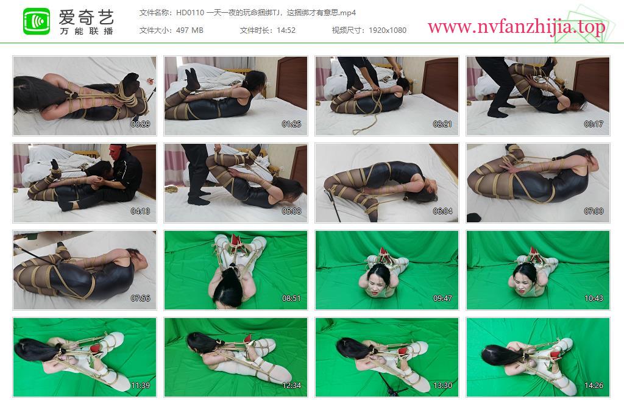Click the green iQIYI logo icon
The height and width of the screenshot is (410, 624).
pyautogui.click(x=36, y=21)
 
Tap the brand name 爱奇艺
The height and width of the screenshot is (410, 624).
pyautogui.click(x=87, y=18)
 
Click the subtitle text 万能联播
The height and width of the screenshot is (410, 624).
pyautogui.click(x=87, y=32)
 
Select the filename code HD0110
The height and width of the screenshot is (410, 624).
pyautogui.click(x=190, y=13)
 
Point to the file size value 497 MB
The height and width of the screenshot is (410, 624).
pyautogui.click(x=190, y=30)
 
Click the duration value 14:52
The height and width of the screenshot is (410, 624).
pyautogui.click(x=286, y=30)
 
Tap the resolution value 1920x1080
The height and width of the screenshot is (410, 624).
pyautogui.click(x=388, y=30)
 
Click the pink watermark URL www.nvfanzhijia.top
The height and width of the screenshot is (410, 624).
pyautogui.click(x=516, y=27)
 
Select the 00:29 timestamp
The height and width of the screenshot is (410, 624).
pyautogui.click(x=141, y=124)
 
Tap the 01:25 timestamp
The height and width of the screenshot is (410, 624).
pyautogui.click(x=291, y=124)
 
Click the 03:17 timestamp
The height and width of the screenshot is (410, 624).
pyautogui.click(x=594, y=124)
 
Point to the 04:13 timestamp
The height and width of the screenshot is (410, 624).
pyautogui.click(x=141, y=211)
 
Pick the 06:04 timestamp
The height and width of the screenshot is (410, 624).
pyautogui.click(x=442, y=211)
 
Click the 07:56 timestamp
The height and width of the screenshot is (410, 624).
pyautogui.click(x=141, y=299)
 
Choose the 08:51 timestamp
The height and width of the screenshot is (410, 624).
pyautogui.click(x=291, y=299)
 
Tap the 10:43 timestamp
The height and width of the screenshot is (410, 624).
pyautogui.click(x=594, y=299)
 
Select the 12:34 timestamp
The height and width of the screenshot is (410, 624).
pyautogui.click(x=291, y=386)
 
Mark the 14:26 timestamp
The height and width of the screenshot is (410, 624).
pyautogui.click(x=594, y=386)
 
